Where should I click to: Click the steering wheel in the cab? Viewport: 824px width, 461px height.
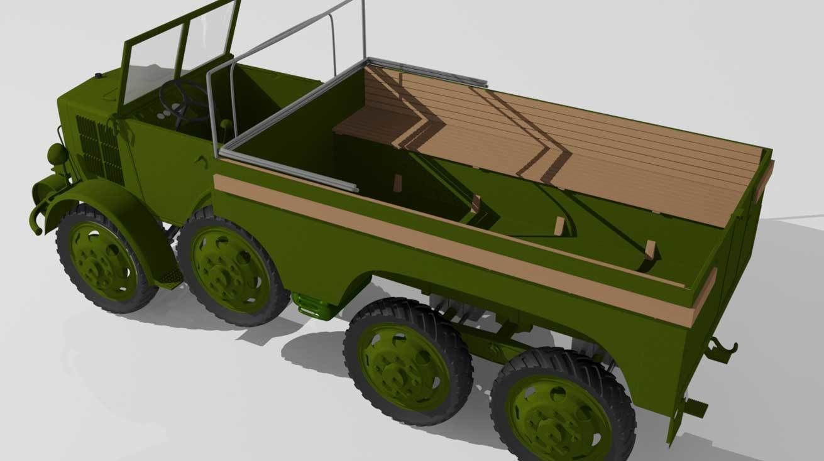point(184,101)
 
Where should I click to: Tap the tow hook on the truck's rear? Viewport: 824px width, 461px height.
point(722,348)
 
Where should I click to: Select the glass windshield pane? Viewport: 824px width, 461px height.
point(151,66)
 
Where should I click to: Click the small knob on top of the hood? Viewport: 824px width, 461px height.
point(98,76)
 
